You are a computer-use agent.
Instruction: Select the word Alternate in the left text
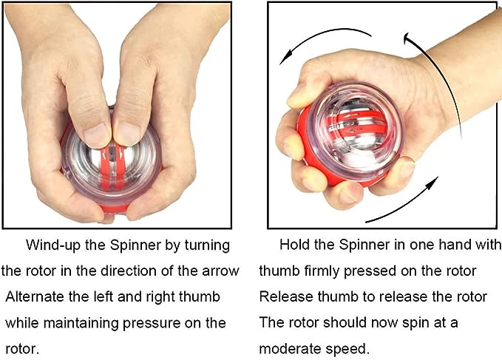click(x=35, y=296)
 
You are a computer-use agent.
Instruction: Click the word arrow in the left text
click(x=219, y=271)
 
